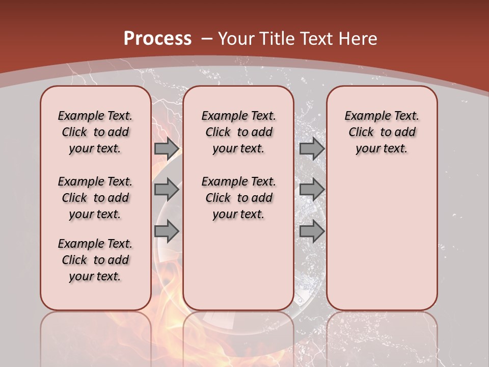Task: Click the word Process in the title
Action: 157,38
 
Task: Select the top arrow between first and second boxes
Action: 167,148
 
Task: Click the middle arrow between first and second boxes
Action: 167,190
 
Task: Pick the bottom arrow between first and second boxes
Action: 167,231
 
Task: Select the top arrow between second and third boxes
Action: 312,148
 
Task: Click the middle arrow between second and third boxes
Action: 312,190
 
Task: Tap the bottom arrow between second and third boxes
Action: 312,231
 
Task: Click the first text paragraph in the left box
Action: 95,132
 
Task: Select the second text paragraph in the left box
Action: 95,198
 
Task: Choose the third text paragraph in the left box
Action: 95,260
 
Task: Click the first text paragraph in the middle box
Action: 238,132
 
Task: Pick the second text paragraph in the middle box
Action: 238,198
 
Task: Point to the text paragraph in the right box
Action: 382,132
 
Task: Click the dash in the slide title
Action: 207,38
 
